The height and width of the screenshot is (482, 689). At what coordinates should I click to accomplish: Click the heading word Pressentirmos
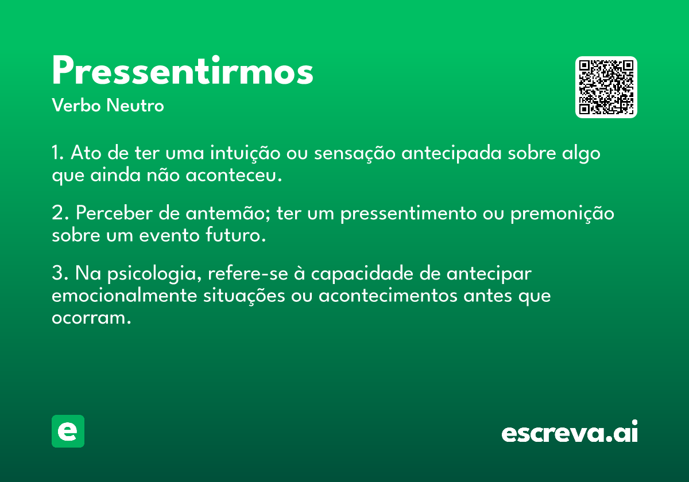tap(183, 70)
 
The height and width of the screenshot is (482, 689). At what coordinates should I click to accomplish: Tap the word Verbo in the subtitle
tap(76, 105)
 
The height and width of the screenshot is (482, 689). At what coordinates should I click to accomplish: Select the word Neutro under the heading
tap(135, 105)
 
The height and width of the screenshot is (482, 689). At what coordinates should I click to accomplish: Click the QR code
tap(606, 87)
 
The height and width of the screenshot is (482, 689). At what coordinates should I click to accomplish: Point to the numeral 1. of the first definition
tap(57, 153)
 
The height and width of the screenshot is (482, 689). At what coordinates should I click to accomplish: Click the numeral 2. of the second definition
tap(60, 213)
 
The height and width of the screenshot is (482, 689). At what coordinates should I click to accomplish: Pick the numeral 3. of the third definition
tap(60, 273)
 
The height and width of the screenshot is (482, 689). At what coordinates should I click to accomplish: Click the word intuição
tap(245, 153)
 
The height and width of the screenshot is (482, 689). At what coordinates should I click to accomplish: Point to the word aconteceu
tap(234, 176)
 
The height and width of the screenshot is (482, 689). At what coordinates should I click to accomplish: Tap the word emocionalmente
tap(124, 296)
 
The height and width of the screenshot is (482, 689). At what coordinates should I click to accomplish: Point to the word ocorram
tap(91, 318)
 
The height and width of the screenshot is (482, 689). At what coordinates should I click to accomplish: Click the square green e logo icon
tap(68, 431)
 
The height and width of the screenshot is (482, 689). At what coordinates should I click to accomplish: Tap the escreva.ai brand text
tap(570, 431)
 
